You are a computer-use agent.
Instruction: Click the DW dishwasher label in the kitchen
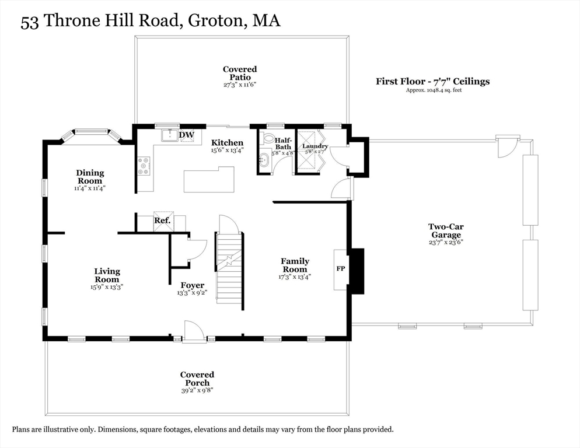coord(186,135)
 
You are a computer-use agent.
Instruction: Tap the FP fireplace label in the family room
coord(340,269)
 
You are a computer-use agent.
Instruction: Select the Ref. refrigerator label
coord(162,221)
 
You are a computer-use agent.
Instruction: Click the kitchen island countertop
coord(209,180)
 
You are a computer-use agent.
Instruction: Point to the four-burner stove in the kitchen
coord(144,166)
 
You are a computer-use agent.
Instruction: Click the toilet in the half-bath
coord(268,139)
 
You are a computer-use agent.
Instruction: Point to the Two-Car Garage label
coord(446,230)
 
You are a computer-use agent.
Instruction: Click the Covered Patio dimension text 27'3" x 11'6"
coord(239,85)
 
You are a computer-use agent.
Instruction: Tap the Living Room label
coord(107,275)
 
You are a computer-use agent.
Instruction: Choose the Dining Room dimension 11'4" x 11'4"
coord(89,188)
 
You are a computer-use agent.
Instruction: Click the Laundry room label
coord(315,146)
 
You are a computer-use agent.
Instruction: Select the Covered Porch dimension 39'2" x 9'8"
coord(197,391)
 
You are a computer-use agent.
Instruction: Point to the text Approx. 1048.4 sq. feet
coord(434,90)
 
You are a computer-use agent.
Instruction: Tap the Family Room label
coord(295,265)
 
